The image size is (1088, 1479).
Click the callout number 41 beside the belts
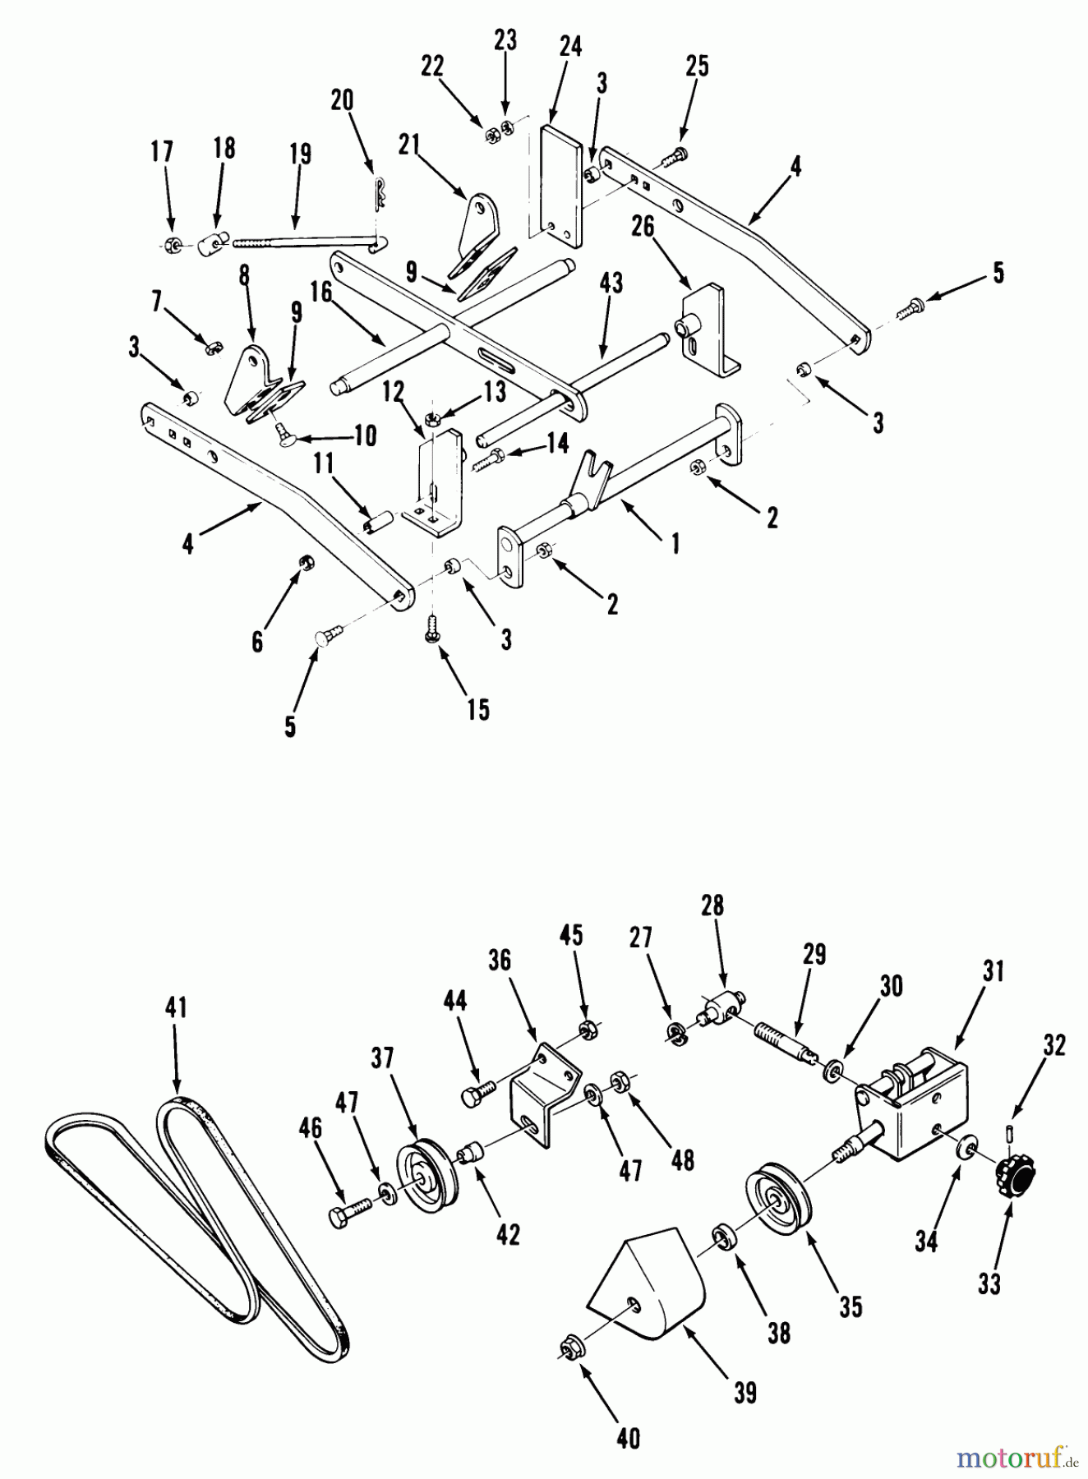coord(177,1007)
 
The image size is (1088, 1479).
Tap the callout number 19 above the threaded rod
coord(301,154)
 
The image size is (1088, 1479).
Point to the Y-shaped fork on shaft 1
coord(596,472)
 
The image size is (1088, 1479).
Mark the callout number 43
coord(611,283)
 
